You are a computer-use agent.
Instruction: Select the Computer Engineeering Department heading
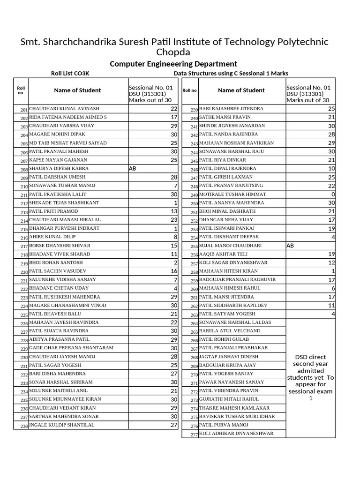click(x=173, y=64)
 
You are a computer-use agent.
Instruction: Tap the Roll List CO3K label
click(x=70, y=73)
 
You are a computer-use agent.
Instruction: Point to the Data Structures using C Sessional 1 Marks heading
click(x=231, y=73)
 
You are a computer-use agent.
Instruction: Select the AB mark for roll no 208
click(x=133, y=168)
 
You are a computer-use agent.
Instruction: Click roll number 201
click(x=24, y=109)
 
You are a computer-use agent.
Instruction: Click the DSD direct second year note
click(x=310, y=377)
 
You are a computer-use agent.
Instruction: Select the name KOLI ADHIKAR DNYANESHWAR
click(x=236, y=434)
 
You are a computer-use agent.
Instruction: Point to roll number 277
click(x=194, y=435)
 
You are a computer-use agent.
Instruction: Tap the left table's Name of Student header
click(x=77, y=90)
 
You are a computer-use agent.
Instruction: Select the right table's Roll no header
click(x=189, y=90)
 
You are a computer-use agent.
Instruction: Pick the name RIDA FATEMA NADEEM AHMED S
click(x=68, y=117)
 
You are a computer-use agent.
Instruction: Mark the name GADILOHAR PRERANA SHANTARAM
click(x=71, y=348)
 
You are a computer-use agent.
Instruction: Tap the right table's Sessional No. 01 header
click(x=308, y=87)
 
